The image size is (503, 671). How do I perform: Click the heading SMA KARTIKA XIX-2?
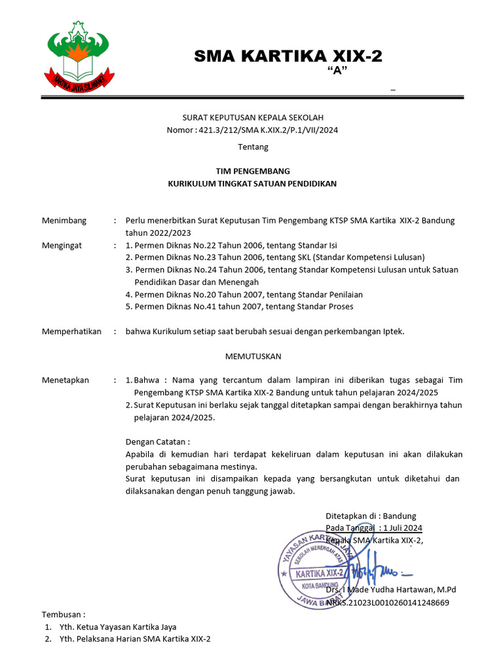(288, 57)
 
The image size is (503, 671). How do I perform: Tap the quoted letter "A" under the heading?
(336, 71)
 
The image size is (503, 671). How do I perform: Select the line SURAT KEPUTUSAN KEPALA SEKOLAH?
(253, 117)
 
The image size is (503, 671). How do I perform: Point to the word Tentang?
(253, 147)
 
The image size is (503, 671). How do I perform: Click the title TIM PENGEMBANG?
(253, 170)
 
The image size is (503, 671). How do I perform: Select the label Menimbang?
(64, 220)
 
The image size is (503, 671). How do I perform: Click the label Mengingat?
(63, 244)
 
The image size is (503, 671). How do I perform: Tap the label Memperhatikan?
(71, 331)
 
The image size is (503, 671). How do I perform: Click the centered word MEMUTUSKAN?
(253, 356)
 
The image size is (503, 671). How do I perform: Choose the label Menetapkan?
(65, 380)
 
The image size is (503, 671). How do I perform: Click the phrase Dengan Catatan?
(157, 442)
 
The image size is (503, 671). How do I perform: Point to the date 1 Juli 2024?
(402, 528)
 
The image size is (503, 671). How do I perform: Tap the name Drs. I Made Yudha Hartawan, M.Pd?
(391, 590)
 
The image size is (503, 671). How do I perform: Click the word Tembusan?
(64, 614)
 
